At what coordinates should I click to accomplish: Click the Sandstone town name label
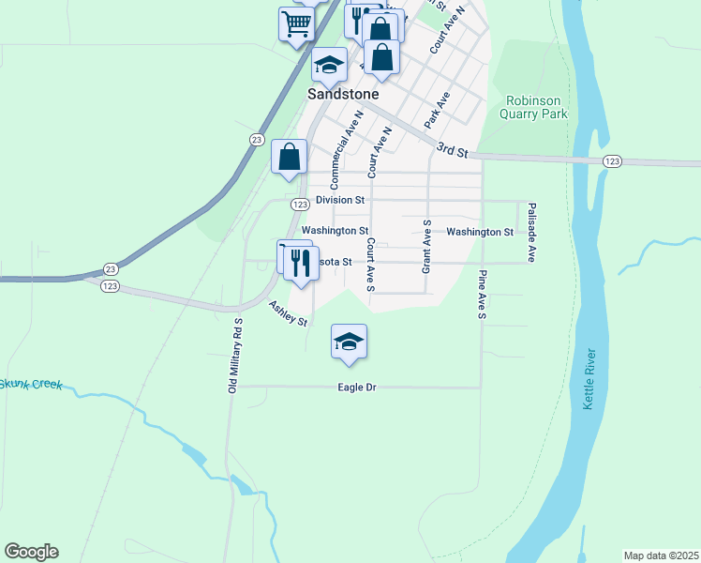[343, 95]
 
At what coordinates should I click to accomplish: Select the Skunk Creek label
[31, 384]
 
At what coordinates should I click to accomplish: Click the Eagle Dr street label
[357, 388]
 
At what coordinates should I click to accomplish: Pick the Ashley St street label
[288, 313]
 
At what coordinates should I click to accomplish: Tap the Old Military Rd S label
[237, 356]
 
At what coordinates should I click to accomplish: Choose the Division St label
[339, 200]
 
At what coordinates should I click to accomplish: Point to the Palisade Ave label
[530, 233]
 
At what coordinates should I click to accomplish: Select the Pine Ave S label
[482, 296]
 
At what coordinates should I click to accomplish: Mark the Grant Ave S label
[426, 246]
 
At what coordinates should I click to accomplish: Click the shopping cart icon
[296, 23]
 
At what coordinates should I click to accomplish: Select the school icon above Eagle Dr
[348, 341]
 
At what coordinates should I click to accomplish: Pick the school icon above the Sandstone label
[329, 64]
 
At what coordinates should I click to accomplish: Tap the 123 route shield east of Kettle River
[612, 161]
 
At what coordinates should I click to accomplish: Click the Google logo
[31, 552]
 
